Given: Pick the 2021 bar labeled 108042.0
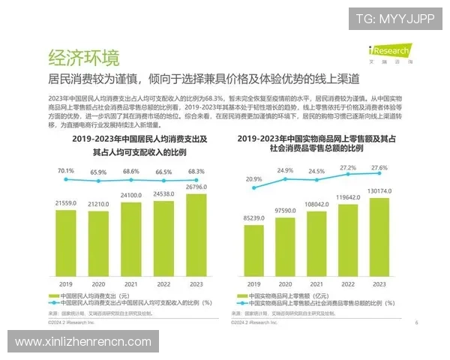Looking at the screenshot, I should [316, 243].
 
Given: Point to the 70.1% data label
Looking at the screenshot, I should [66, 170].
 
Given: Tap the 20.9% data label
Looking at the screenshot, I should [253, 179].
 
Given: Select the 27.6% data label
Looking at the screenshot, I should [379, 167].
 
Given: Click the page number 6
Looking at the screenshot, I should [416, 322].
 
